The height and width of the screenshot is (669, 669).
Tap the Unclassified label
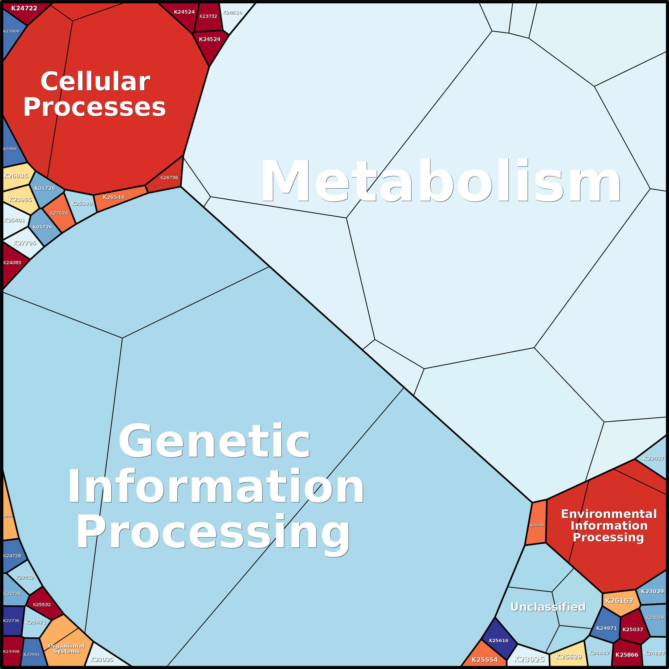click(548, 607)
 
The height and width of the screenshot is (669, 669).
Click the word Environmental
click(609, 514)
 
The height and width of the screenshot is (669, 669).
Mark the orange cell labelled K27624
click(59, 213)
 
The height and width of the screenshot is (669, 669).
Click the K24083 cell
click(12, 263)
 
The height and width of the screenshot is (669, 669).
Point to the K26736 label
click(169, 178)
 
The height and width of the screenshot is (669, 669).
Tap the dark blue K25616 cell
click(499, 641)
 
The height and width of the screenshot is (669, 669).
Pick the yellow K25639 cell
click(569, 656)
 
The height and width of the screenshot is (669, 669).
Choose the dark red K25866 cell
click(627, 654)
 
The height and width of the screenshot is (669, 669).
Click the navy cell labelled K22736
click(12, 621)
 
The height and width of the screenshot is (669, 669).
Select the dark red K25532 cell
click(42, 605)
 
